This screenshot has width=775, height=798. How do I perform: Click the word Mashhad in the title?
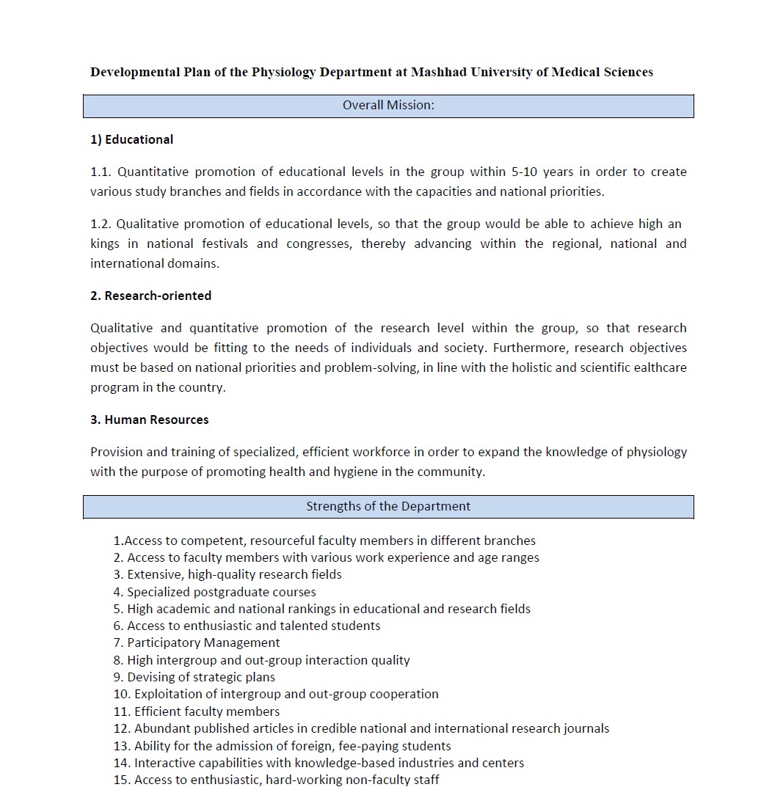click(x=438, y=72)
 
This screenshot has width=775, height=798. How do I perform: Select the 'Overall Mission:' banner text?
click(x=388, y=106)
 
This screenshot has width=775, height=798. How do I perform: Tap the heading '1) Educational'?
click(x=132, y=139)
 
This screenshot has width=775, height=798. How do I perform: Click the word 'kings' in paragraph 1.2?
click(x=105, y=244)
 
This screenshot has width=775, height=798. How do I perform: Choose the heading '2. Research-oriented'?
click(x=150, y=296)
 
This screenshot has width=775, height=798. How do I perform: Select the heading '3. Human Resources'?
click(x=150, y=420)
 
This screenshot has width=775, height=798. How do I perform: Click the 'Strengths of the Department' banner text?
click(x=388, y=506)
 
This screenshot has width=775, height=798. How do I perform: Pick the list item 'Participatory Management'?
click(x=203, y=643)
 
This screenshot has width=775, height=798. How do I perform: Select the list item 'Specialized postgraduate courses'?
click(x=221, y=592)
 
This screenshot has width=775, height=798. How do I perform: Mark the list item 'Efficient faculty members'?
click(x=206, y=711)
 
